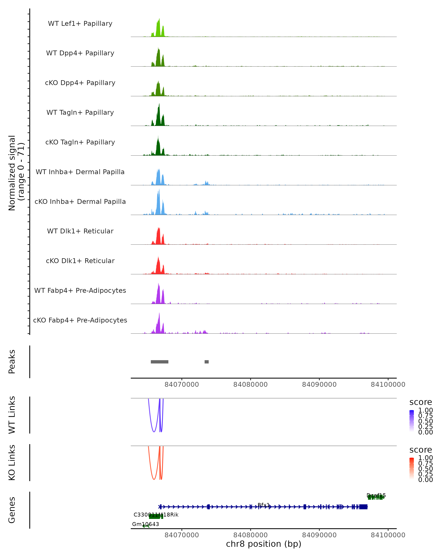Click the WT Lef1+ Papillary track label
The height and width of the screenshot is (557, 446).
point(80,24)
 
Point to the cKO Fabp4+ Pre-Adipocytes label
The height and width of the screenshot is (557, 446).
point(80,320)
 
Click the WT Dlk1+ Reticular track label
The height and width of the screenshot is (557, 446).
point(80,231)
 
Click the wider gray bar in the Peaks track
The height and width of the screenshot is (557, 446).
point(159,362)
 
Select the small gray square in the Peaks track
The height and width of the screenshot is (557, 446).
point(207,362)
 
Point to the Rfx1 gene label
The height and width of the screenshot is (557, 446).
point(264,505)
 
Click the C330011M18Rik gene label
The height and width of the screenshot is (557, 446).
point(156,515)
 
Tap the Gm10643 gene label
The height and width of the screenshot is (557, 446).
point(146,524)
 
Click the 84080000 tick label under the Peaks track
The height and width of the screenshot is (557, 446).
point(250,385)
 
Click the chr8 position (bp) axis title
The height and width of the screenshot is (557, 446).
point(264,544)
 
